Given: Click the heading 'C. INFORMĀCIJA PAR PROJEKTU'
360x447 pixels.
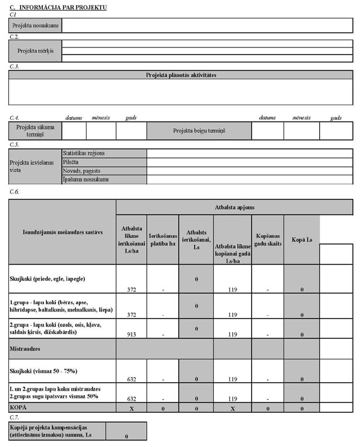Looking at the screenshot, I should point(58,7).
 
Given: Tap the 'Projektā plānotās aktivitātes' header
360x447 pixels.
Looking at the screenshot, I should point(181,75).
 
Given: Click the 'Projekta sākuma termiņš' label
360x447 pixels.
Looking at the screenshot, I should point(35,131).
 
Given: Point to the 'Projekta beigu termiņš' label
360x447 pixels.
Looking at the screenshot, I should point(199,131).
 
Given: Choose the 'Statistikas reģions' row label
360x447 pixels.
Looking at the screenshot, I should point(84,153).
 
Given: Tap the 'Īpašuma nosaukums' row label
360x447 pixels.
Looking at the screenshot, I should point(86,180).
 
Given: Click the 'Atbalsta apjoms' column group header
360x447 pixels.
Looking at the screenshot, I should point(234,206).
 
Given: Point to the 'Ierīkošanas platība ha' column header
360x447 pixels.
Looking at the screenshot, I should point(163,239).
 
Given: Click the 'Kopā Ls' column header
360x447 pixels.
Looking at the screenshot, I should point(301,239).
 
